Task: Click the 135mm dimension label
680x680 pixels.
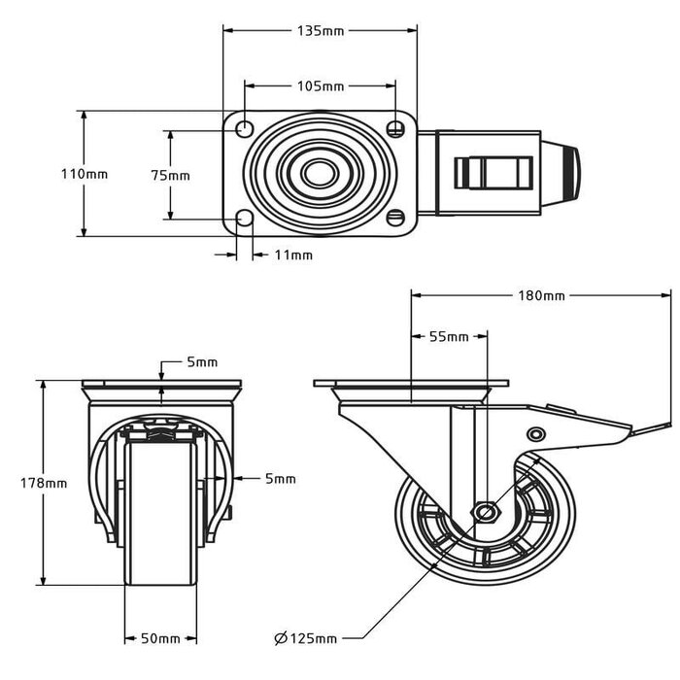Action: point(320,30)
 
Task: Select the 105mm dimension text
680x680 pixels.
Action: point(320,86)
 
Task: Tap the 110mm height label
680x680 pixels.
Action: point(84,175)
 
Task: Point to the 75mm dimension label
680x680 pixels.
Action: point(170,176)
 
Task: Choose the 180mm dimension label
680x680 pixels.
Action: point(541,295)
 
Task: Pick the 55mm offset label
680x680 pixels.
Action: point(449,337)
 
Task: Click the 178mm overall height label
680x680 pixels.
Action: point(44,483)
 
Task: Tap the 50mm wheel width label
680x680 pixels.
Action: point(161,638)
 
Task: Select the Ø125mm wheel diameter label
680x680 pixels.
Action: point(305,638)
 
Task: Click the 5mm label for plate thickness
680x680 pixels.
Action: point(203,362)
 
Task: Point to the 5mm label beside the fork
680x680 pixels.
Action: point(280,478)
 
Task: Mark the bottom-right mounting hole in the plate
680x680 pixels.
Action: point(395,219)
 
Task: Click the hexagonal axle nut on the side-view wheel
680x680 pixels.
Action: point(485,512)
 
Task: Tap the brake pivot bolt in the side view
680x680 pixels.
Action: point(535,433)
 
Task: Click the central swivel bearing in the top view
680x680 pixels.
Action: point(317,174)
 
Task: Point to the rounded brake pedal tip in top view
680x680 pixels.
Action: point(567,173)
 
